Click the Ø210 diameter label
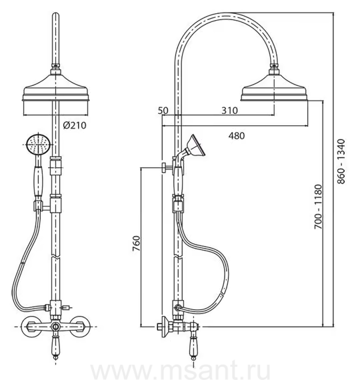tap(75, 125)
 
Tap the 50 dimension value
tap(163, 111)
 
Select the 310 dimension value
tap(229, 111)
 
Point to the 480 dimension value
tap(237, 136)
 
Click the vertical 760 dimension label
tap(137, 243)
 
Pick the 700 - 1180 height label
tap(318, 207)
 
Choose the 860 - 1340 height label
tap(341, 161)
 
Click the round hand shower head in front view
tap(39, 144)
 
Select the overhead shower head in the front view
tap(56, 88)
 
